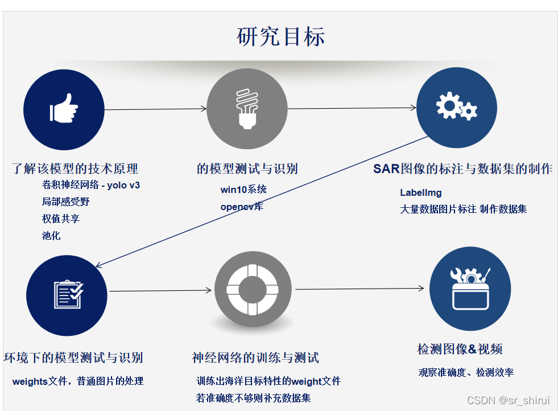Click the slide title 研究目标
click(280, 36)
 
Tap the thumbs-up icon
click(64, 108)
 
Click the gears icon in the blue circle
click(456, 106)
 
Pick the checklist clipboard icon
click(68, 294)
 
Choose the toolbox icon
click(470, 289)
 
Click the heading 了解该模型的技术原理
click(75, 168)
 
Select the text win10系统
click(243, 190)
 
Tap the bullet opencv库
click(242, 207)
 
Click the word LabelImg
click(421, 192)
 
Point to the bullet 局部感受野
click(66, 202)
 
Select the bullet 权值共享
click(61, 219)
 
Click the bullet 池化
click(51, 236)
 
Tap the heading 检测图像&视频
click(460, 349)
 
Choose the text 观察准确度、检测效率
click(466, 372)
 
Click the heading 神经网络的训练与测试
click(255, 357)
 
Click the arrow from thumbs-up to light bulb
click(155, 109)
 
